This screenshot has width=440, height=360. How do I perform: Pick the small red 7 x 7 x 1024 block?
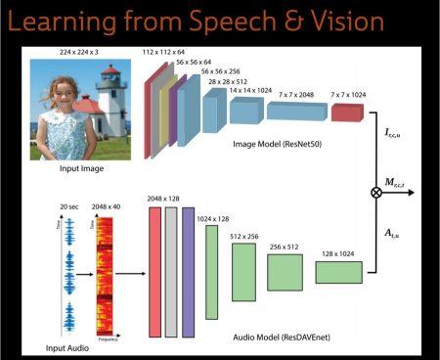coord(346,113)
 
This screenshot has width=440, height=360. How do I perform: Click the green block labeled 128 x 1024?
coord(338,272)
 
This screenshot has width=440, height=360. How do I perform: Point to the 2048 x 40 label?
coord(106,208)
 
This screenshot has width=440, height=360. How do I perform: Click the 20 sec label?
coord(67,208)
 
